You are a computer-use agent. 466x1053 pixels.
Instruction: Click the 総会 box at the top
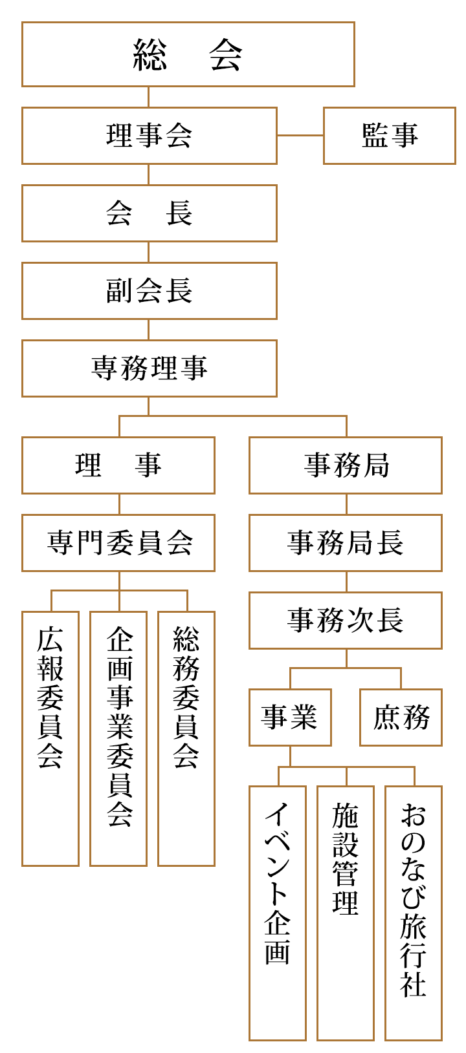point(188,54)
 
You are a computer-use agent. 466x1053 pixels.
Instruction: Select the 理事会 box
point(149,136)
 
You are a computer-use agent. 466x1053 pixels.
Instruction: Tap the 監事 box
point(390,136)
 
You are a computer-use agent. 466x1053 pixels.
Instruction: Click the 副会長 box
point(149,291)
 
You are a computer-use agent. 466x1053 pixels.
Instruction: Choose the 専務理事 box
point(149,368)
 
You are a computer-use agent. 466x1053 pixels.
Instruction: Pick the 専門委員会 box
point(118,543)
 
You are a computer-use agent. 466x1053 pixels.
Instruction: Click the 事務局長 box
point(345,543)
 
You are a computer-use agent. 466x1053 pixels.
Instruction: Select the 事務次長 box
point(345,621)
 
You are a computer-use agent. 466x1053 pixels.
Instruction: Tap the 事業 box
point(290,718)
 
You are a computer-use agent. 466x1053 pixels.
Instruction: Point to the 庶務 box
point(401,718)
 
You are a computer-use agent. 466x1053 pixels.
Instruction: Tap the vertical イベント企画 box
point(277,913)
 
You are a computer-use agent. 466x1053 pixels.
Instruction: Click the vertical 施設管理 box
point(345,913)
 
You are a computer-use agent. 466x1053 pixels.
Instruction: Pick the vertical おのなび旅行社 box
point(414,913)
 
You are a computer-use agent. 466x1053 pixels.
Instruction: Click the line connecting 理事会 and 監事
point(300,136)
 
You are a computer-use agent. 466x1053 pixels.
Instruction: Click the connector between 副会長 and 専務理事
point(149,330)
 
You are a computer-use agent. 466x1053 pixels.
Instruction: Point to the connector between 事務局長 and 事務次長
point(346,582)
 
